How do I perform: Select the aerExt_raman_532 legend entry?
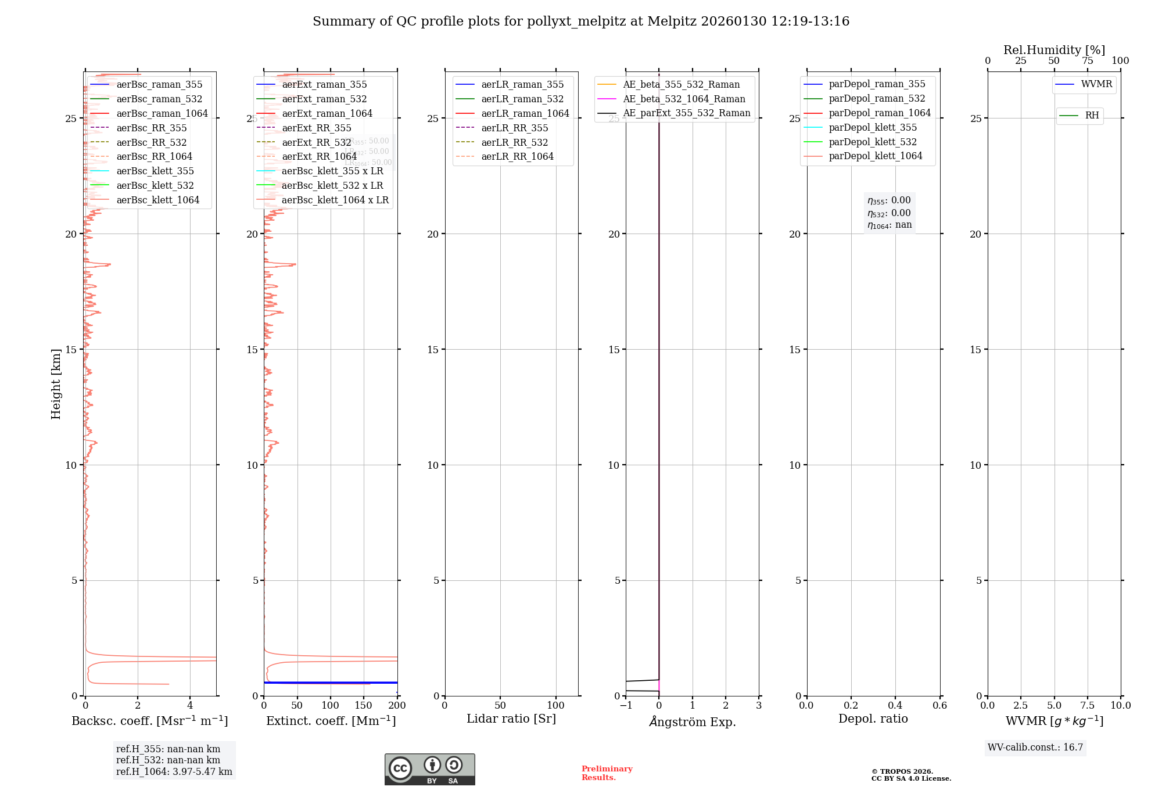coord(324,99)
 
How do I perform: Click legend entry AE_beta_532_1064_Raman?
coord(684,99)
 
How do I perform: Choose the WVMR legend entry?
coord(1096,84)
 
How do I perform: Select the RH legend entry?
coord(1092,116)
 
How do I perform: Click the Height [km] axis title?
coord(56,384)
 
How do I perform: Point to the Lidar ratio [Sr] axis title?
coord(511,719)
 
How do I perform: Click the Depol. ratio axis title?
coord(873,719)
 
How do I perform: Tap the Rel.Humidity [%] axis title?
coord(1054,50)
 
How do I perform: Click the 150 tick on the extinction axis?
coord(364,705)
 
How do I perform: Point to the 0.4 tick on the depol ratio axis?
coord(895,705)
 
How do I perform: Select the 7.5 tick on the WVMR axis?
coord(1088,705)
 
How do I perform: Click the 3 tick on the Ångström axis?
coord(759,705)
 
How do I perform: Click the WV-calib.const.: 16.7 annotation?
coord(1035,747)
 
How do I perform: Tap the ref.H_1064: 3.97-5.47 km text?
coord(174,771)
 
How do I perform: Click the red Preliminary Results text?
coord(607,773)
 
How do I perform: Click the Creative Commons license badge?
coord(429,769)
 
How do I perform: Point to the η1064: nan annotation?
coord(890,225)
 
